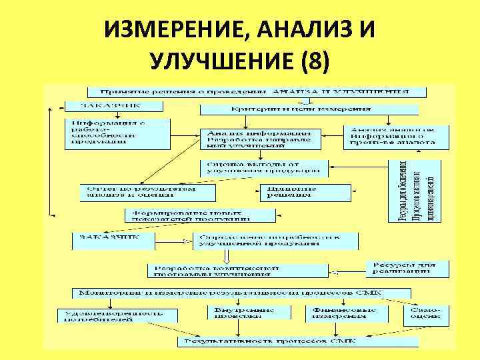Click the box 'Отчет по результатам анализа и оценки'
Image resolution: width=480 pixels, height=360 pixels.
coord(147,192)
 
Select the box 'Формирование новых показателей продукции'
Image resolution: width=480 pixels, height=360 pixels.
coord(200,215)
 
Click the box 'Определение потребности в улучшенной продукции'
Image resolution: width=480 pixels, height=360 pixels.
coord(275,241)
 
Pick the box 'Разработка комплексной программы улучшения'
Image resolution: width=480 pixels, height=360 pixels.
coord(238,270)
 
